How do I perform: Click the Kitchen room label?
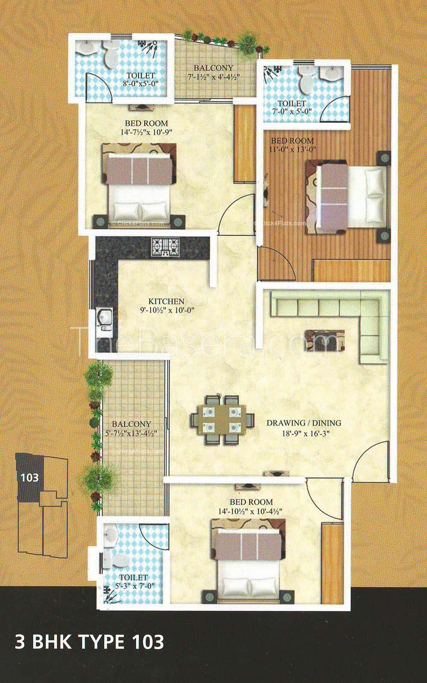pos(166,301)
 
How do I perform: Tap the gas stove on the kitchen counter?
pos(165,246)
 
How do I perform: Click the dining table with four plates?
pos(222,420)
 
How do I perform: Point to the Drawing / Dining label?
pos(304,423)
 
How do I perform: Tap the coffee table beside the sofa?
pos(325,340)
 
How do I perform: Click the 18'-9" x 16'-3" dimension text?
pos(306,433)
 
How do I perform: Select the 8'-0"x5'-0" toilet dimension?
pos(140,84)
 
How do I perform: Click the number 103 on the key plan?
pos(29,477)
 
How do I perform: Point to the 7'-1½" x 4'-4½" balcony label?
pos(213,76)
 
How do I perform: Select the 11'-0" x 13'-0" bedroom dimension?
pos(292,149)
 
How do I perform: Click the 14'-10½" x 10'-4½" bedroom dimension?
pos(250,511)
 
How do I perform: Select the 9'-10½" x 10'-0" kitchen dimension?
pos(167,310)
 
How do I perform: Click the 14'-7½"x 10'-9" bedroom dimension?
pos(147,132)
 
